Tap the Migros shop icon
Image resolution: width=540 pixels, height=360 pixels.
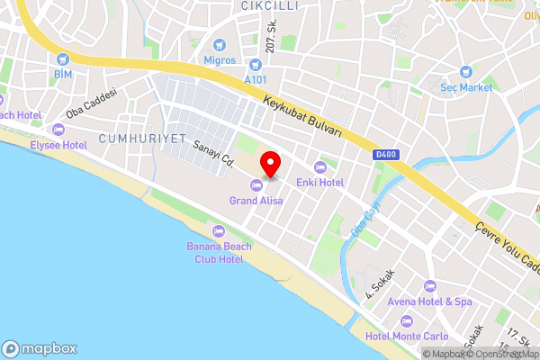tap(219, 45)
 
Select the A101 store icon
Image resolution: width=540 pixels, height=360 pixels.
tap(256, 65)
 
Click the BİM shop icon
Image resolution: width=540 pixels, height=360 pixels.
tap(62, 58)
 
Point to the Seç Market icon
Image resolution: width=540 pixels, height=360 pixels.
tap(465, 72)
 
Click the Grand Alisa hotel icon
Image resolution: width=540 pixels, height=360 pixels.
tap(256, 185)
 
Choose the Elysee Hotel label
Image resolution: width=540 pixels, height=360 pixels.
tap(58, 144)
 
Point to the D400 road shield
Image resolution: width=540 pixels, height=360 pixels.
tap(384, 156)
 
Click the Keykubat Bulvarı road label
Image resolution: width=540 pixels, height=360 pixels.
tap(302, 117)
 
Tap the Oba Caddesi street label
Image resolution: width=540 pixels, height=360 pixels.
tap(92, 109)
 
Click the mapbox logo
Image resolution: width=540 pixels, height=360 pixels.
tap(40, 348)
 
